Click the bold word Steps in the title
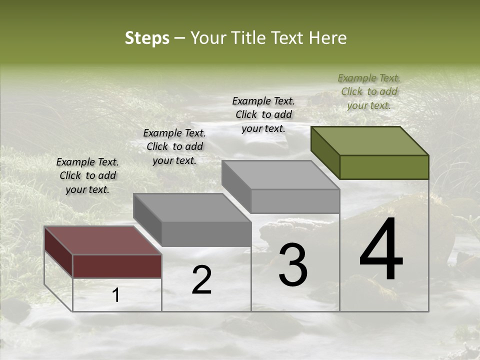(x=147, y=38)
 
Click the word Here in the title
(x=327, y=38)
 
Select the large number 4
(x=381, y=250)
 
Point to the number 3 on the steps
(x=293, y=265)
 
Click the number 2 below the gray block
(x=201, y=280)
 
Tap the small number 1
(x=116, y=295)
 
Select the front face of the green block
(x=384, y=167)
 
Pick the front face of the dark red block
(x=117, y=266)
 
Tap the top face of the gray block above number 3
(x=280, y=175)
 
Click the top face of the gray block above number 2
(x=192, y=207)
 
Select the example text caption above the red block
(x=87, y=175)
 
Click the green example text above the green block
(x=369, y=91)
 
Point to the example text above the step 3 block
(x=263, y=114)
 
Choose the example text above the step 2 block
(x=174, y=146)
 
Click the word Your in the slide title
(x=208, y=38)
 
